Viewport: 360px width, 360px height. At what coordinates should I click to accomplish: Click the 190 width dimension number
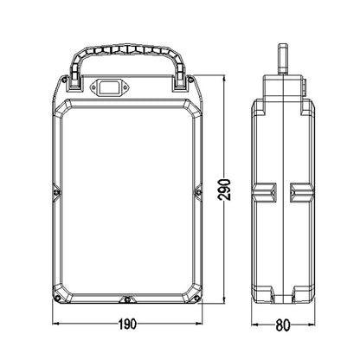[127, 324]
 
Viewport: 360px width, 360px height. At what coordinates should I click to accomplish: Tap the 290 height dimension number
[224, 190]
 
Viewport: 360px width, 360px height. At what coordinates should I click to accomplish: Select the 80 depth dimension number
[283, 325]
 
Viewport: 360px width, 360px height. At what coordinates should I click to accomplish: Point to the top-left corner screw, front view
[65, 80]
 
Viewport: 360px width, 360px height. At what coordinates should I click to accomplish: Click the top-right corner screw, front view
[190, 80]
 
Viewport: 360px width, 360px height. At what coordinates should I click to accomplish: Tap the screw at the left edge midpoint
[57, 192]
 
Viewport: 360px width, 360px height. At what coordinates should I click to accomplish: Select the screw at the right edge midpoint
[198, 192]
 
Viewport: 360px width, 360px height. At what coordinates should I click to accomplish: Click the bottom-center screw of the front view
[127, 300]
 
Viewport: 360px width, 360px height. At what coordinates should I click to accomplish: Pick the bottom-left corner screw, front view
[58, 298]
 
